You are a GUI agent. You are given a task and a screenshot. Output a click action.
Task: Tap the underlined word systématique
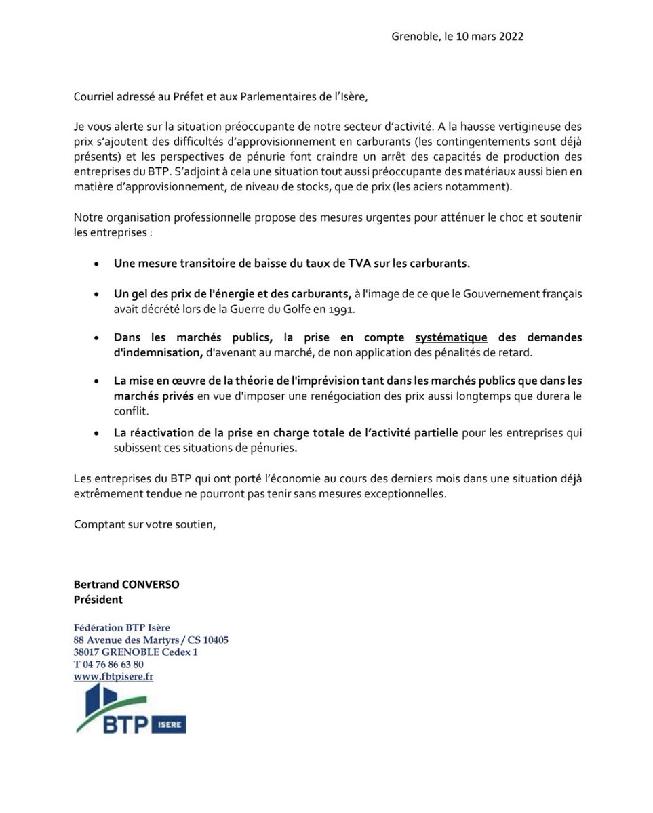pos(452,337)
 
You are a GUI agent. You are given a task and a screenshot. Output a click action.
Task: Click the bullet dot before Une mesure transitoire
pos(98,264)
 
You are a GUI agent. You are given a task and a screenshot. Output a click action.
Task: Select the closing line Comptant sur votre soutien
pos(145,524)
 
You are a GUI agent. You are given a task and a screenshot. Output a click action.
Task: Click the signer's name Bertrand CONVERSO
pos(126,584)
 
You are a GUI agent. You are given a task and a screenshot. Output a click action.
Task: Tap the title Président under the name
pos(98,599)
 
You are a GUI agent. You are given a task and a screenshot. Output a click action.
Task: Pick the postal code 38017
pos(87,652)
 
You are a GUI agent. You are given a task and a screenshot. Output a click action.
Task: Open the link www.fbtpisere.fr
pos(113,676)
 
